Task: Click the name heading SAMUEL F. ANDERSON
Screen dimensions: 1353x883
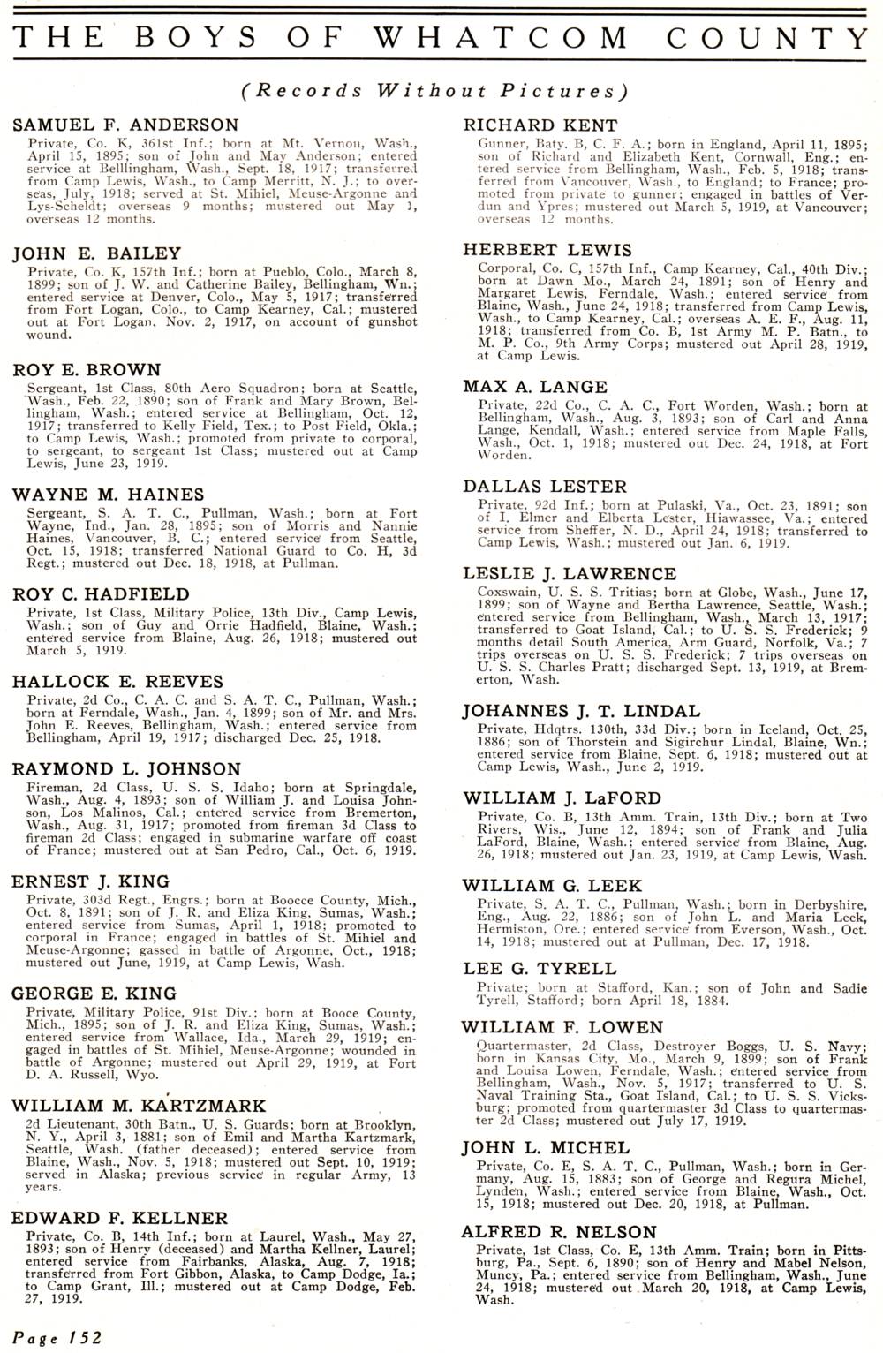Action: [125, 125]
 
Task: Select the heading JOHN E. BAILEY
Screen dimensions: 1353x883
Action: [96, 254]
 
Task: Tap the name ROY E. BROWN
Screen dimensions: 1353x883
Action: [87, 370]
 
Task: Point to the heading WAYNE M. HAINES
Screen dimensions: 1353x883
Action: [108, 495]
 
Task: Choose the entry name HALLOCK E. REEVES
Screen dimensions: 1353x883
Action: [117, 681]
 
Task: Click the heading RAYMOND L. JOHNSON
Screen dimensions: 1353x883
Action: [125, 769]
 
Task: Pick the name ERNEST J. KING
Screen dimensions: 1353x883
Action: [90, 881]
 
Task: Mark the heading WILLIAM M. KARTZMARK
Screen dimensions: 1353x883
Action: [139, 1106]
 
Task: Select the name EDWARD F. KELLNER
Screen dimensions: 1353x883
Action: [120, 1218]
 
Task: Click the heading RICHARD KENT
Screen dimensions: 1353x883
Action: [540, 125]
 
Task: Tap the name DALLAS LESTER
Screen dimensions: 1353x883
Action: [545, 487]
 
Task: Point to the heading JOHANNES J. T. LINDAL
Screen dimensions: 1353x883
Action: [582, 711]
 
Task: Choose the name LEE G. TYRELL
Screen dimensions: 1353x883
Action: [540, 970]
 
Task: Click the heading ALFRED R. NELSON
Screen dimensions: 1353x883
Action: [560, 1232]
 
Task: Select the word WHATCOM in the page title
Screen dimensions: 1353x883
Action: [502, 38]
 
